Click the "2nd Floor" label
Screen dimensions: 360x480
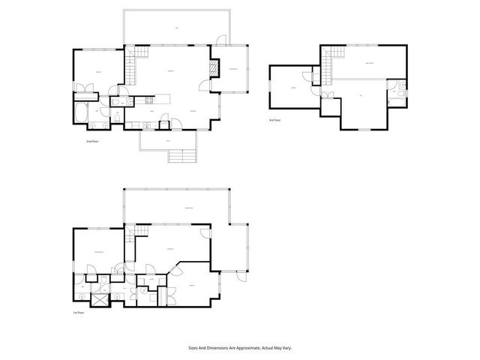click(x=94, y=140)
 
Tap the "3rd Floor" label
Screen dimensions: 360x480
click(x=275, y=120)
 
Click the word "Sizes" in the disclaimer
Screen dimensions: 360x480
click(x=193, y=347)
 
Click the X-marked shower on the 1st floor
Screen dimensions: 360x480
click(x=97, y=298)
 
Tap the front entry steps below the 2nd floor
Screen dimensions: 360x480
click(x=182, y=155)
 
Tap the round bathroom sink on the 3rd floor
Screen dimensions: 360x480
click(x=402, y=85)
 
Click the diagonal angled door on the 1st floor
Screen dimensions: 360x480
click(x=175, y=269)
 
